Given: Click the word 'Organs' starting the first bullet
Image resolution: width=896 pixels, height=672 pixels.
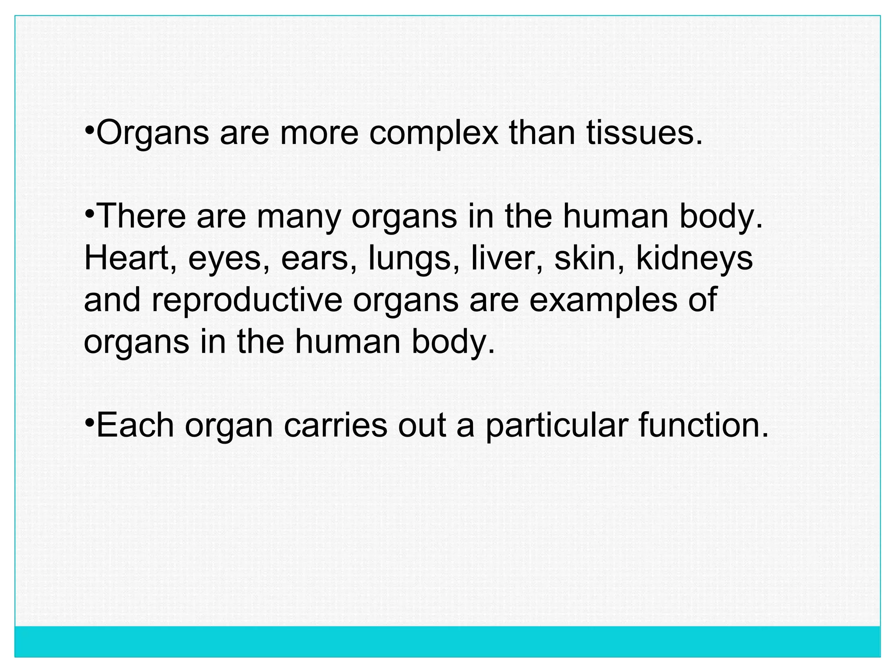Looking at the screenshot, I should coord(152,133).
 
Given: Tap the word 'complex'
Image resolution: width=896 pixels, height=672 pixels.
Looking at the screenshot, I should coord(433,133).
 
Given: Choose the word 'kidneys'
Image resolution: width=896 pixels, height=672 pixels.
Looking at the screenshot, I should coord(694,259).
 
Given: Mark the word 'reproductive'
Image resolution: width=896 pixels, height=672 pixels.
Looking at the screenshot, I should coord(247,301).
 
